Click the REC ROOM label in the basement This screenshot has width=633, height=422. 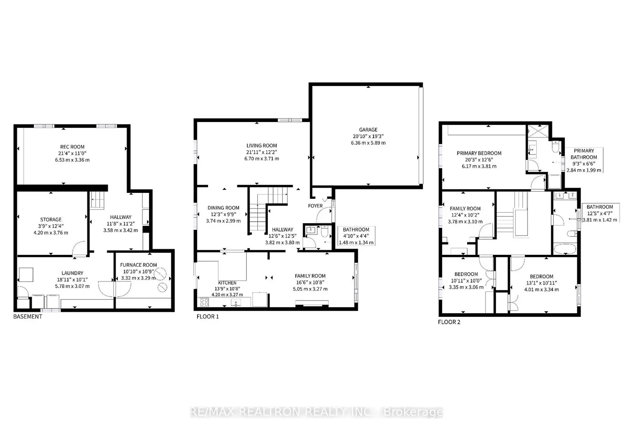(72, 147)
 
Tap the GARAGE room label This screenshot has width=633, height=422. (368, 130)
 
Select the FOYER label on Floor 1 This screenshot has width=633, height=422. (315, 206)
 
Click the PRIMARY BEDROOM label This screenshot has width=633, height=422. (479, 153)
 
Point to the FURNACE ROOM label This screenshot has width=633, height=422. (138, 265)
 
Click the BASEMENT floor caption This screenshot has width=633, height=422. (28, 316)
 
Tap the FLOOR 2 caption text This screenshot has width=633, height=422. (449, 322)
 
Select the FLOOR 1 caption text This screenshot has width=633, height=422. (208, 316)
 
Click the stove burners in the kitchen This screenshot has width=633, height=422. (204, 302)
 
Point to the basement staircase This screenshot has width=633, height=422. (97, 200)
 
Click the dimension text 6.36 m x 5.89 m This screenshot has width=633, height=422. (368, 143)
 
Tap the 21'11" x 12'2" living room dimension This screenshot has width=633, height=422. (261, 152)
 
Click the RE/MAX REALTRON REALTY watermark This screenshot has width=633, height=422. (316, 412)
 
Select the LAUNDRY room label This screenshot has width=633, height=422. (72, 273)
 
